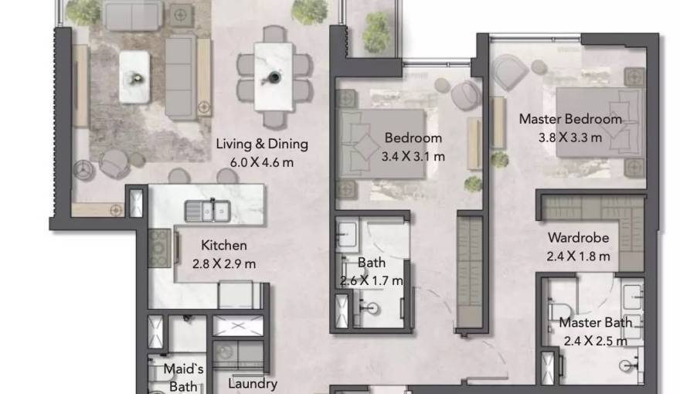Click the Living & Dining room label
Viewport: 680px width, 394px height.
[262, 144]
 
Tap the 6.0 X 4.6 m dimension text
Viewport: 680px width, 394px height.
[262, 162]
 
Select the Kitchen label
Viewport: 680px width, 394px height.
[224, 246]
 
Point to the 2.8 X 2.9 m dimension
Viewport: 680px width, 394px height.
[224, 263]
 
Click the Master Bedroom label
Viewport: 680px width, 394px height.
[569, 120]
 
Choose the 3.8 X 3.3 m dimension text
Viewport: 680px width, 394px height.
[569, 138]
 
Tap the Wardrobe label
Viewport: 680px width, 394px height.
[579, 238]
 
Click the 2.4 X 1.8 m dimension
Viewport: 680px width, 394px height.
[579, 256]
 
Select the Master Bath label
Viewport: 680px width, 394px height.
[595, 323]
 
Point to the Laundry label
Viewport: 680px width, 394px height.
[253, 383]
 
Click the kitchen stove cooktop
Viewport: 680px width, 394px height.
[160, 248]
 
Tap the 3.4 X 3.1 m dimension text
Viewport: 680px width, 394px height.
[413, 156]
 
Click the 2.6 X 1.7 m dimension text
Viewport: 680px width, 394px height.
[371, 280]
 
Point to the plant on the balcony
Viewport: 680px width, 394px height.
[376, 32]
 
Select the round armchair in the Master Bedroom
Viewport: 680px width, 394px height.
[510, 74]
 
